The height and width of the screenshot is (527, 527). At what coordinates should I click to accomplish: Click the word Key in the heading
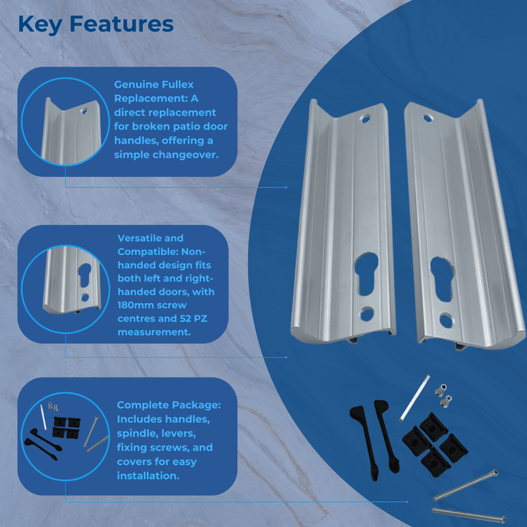point(40,25)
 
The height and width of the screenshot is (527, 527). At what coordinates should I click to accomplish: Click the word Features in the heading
point(122,24)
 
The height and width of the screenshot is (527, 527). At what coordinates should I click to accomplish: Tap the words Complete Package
point(169,405)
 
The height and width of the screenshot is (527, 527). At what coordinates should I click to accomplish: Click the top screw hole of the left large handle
point(366,119)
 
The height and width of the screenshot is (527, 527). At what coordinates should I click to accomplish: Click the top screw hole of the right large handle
point(428,119)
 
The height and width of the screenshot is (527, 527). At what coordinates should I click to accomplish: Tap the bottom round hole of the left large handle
point(367,314)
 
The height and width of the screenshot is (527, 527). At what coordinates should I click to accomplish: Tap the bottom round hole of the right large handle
point(447,321)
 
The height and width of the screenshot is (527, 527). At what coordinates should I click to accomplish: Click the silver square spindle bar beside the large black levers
point(415,398)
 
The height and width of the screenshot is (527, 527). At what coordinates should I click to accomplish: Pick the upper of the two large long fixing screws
point(466,485)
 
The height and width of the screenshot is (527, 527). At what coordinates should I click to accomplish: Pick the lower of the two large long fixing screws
point(468,514)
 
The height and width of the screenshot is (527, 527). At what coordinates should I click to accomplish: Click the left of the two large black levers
point(365,443)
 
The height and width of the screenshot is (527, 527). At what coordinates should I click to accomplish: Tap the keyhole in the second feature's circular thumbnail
point(85,275)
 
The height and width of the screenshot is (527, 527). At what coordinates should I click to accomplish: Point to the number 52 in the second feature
point(185,318)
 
